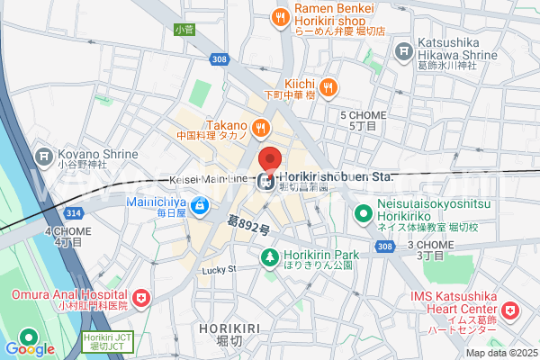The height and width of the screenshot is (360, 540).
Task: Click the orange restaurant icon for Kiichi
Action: (x=329, y=87)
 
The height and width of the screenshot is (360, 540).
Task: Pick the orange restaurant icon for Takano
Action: (x=260, y=128)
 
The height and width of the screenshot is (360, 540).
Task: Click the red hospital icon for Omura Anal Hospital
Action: (x=141, y=298)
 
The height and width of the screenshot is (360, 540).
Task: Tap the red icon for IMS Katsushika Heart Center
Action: (x=510, y=311)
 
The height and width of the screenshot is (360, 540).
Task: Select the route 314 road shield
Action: (x=73, y=211)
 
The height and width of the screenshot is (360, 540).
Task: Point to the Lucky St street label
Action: (x=218, y=268)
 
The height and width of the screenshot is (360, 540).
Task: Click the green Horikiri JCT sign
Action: (x=101, y=341)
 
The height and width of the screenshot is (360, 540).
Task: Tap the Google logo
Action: (x=29, y=348)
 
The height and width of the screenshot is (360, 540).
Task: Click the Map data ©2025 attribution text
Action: (x=499, y=352)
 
